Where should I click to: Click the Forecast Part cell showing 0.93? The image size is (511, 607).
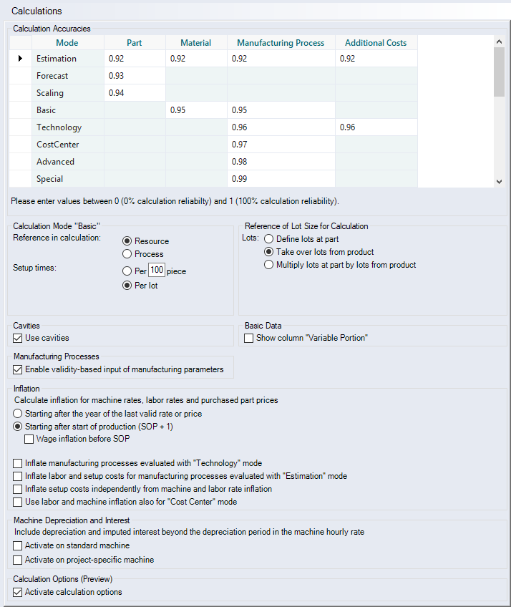point(134,76)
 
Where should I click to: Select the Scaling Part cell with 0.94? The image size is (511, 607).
point(134,93)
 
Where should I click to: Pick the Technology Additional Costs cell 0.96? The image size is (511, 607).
point(376,127)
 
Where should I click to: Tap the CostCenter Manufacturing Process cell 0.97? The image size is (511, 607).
point(281,145)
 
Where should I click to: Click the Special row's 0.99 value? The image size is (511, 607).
point(281,179)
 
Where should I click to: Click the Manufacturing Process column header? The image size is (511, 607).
point(281,43)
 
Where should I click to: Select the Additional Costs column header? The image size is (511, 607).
point(376,43)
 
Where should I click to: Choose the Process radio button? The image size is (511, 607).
point(127,254)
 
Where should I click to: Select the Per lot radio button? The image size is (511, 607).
point(127,286)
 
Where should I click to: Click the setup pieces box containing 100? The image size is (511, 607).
point(156,271)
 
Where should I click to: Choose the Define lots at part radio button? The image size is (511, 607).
point(269,239)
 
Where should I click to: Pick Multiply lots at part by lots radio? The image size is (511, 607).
point(269,265)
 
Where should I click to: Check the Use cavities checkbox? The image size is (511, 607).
point(19,338)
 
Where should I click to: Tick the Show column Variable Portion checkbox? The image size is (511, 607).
point(249,338)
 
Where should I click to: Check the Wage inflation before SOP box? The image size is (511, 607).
point(29,439)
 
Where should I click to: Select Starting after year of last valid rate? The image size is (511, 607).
point(19,414)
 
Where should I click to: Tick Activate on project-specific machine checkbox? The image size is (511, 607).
point(19,560)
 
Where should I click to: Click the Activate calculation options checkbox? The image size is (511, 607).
point(19,592)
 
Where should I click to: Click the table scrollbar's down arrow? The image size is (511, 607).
point(499,182)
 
